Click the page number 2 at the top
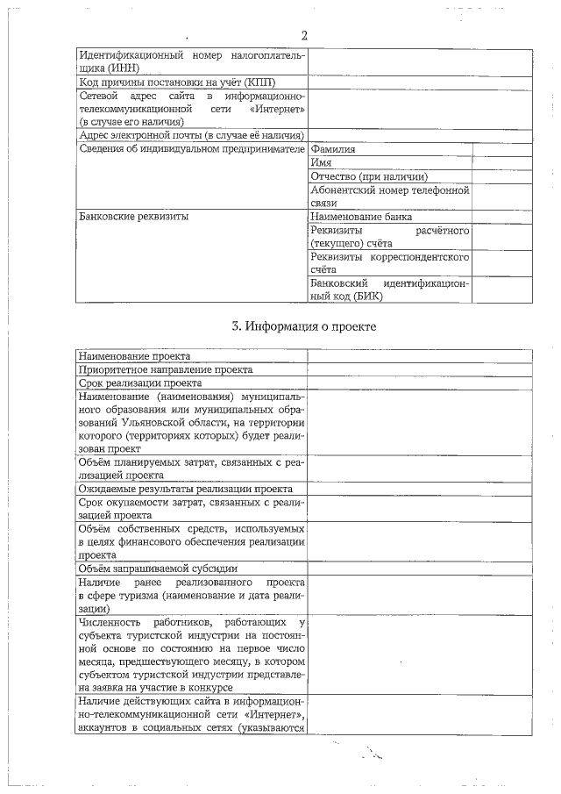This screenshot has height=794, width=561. coord(304,36)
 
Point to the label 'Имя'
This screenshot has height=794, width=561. coord(321,162)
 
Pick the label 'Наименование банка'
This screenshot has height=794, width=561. coord(361,217)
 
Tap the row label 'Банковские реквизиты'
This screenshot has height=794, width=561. coord(133,217)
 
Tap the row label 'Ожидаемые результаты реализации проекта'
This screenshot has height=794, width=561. coord(185,488)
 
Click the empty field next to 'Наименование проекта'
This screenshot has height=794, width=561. coord(419,356)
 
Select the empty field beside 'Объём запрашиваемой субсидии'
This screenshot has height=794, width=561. coord(419,569)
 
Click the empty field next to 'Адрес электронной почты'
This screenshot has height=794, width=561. coord(419,135)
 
